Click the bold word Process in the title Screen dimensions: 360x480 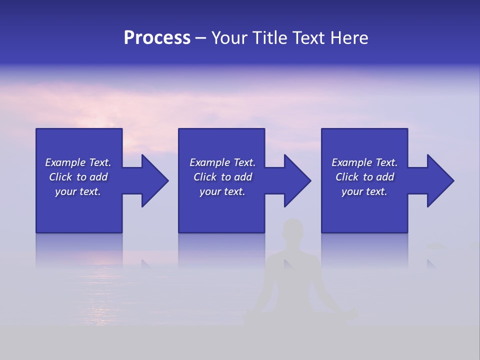[157, 38]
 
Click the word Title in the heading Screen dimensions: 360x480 [268, 38]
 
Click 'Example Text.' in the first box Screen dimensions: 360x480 [78, 162]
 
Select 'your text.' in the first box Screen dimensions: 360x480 [78, 191]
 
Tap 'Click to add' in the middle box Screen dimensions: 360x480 [222, 177]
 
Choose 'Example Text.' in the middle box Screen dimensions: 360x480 [222, 162]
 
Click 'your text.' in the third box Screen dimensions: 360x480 [364, 191]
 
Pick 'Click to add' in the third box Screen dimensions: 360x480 [364, 177]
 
